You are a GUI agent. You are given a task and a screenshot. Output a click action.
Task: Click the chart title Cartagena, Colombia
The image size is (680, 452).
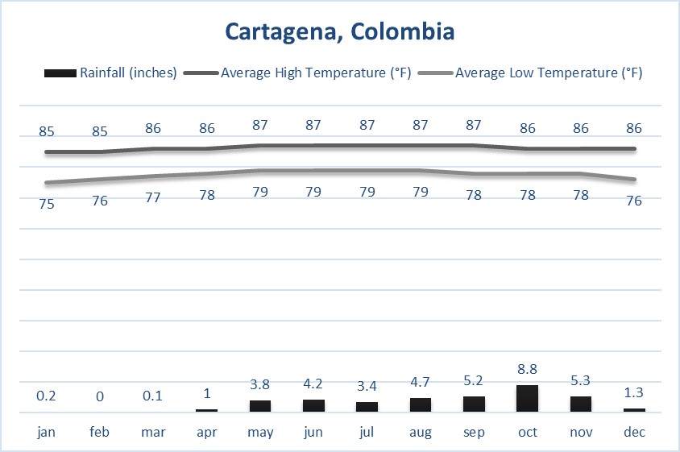click(x=339, y=31)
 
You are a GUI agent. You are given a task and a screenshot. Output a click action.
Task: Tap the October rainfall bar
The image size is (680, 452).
click(x=527, y=398)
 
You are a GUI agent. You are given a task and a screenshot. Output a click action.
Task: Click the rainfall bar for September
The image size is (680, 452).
click(x=474, y=404)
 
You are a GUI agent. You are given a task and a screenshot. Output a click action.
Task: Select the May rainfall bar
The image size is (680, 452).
click(x=260, y=405)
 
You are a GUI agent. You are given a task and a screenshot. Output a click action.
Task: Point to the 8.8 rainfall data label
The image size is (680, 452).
click(x=527, y=370)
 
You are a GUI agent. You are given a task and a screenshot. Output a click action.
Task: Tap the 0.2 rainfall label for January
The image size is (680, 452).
click(x=47, y=396)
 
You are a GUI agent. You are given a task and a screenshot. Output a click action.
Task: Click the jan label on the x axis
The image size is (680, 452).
click(x=47, y=433)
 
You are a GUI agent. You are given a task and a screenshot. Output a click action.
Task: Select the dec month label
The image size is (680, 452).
click(x=634, y=433)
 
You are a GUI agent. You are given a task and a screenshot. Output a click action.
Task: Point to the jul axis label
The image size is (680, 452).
click(x=367, y=433)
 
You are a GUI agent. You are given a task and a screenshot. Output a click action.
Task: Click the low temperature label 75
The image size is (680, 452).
click(x=47, y=204)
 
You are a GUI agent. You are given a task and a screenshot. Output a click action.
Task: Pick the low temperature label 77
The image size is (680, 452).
click(x=154, y=197)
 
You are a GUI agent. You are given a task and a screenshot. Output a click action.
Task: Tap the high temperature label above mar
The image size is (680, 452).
click(x=154, y=127)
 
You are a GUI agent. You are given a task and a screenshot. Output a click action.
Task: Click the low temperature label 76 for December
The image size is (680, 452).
click(x=634, y=201)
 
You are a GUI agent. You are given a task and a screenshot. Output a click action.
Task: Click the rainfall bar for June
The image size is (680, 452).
click(x=313, y=405)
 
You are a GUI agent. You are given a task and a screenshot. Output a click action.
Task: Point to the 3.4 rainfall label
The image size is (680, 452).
click(x=367, y=386)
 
